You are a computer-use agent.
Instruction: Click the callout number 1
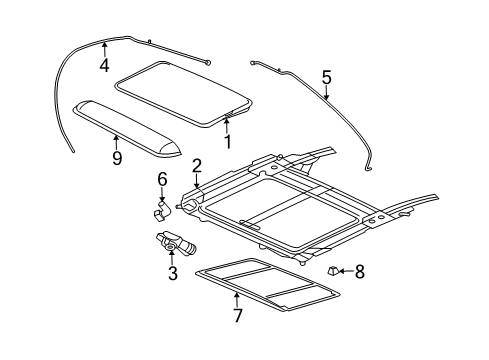coord(227,141)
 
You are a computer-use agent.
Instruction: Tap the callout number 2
coord(197,166)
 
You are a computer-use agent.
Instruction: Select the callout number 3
coord(172,273)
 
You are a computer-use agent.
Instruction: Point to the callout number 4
coord(104,66)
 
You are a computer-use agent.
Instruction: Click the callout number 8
coord(360,270)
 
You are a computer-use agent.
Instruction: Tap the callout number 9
coord(117,157)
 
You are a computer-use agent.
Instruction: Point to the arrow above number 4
coord(104,49)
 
